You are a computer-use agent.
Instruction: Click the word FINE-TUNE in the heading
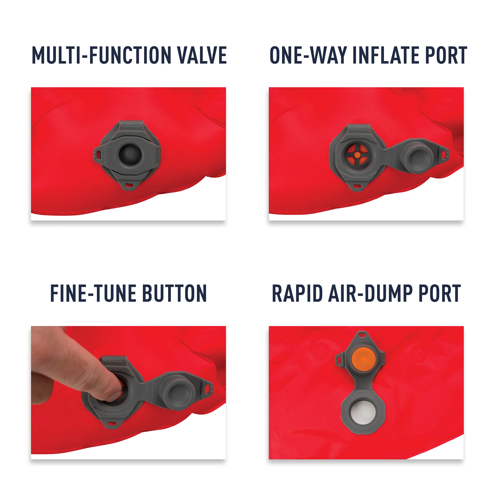tap(93, 293)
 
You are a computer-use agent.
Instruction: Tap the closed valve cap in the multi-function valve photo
tap(130, 154)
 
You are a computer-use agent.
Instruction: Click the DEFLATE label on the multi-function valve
tap(130, 178)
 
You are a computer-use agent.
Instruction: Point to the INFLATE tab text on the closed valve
tap(108, 155)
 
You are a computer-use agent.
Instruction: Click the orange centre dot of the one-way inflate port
tap(357, 155)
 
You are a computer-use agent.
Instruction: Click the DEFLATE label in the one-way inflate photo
tap(357, 179)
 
